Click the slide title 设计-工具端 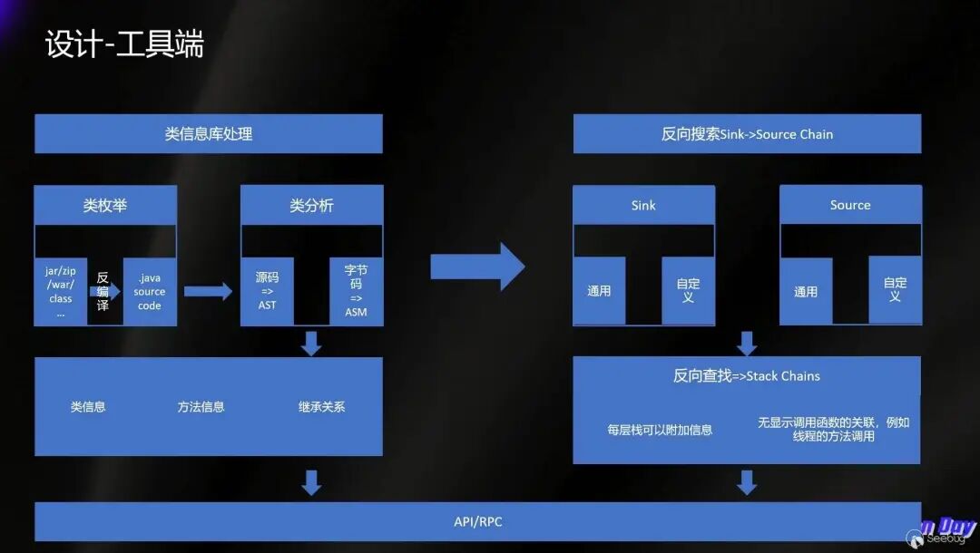click(x=124, y=44)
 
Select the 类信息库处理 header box click(x=208, y=134)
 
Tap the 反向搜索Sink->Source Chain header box click(x=747, y=134)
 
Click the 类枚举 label click(x=105, y=206)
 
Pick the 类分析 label click(x=311, y=206)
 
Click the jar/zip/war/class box click(x=61, y=291)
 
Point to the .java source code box click(x=150, y=291)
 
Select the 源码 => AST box click(x=267, y=291)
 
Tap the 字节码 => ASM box click(x=356, y=291)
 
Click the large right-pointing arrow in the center click(x=477, y=267)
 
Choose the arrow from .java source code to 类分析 click(x=208, y=291)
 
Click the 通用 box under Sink click(x=599, y=291)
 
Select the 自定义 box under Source click(x=895, y=290)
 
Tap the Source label click(x=850, y=206)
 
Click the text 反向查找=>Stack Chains click(x=747, y=375)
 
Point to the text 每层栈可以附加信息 click(x=660, y=430)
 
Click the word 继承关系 click(x=321, y=407)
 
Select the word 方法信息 click(x=201, y=407)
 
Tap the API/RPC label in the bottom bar click(x=477, y=521)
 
